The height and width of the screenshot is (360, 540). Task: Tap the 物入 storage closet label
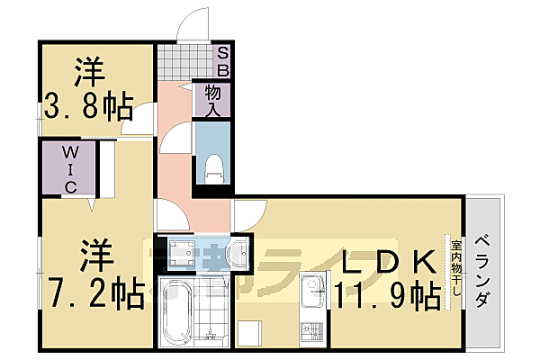(213, 99)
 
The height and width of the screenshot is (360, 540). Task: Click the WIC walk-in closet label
(69, 169)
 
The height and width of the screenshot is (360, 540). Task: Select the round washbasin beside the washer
(239, 253)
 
